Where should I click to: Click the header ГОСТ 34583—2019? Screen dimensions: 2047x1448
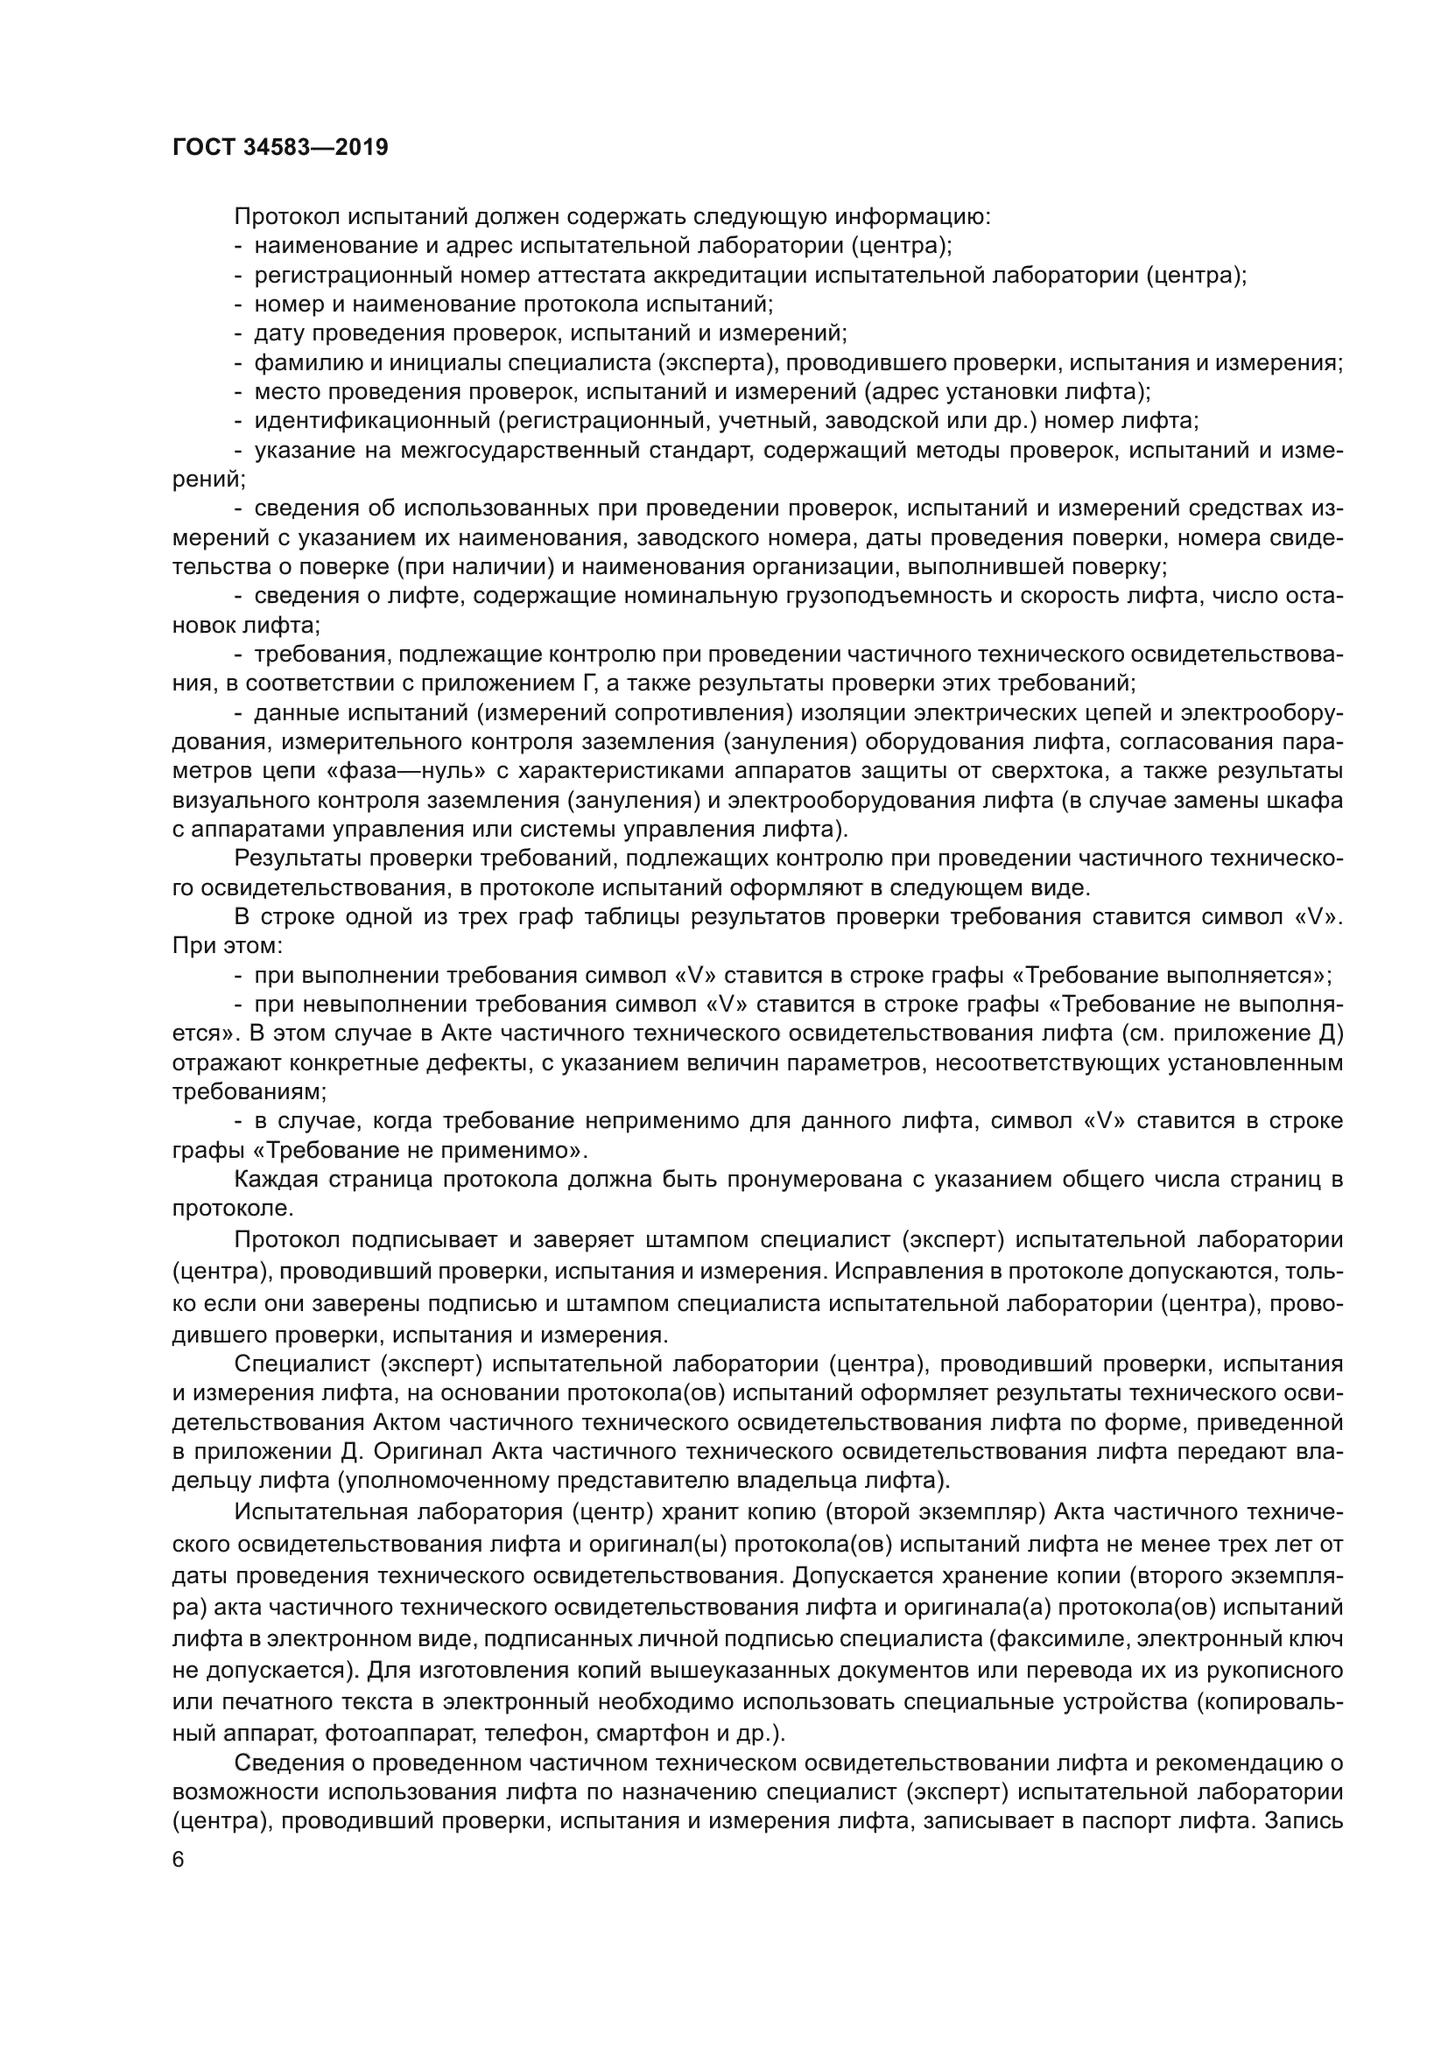280,148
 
